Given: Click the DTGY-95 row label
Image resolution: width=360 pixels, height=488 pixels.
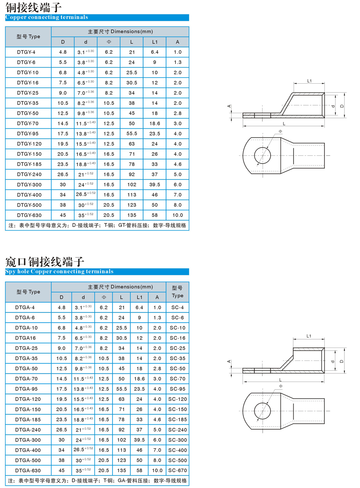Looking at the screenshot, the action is click(28, 134).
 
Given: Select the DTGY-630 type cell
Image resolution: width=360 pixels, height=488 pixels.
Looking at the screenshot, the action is click(29, 215).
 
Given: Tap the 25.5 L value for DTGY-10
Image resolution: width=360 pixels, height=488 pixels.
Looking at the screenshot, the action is click(132, 73).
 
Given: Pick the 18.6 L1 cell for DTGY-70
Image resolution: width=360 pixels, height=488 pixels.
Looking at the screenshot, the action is click(155, 123).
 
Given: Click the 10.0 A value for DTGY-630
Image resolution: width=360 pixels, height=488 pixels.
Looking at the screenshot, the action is click(177, 215).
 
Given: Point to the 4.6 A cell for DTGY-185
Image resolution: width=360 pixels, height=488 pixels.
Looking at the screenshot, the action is click(177, 164).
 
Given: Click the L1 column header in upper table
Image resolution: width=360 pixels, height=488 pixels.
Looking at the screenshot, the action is click(155, 42).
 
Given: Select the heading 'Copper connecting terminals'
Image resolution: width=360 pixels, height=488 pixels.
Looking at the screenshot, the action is click(47, 17).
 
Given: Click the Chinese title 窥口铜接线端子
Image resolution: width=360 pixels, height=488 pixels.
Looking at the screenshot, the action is click(45, 262).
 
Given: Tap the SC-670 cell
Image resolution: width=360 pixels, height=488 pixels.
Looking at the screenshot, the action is click(177, 470).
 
